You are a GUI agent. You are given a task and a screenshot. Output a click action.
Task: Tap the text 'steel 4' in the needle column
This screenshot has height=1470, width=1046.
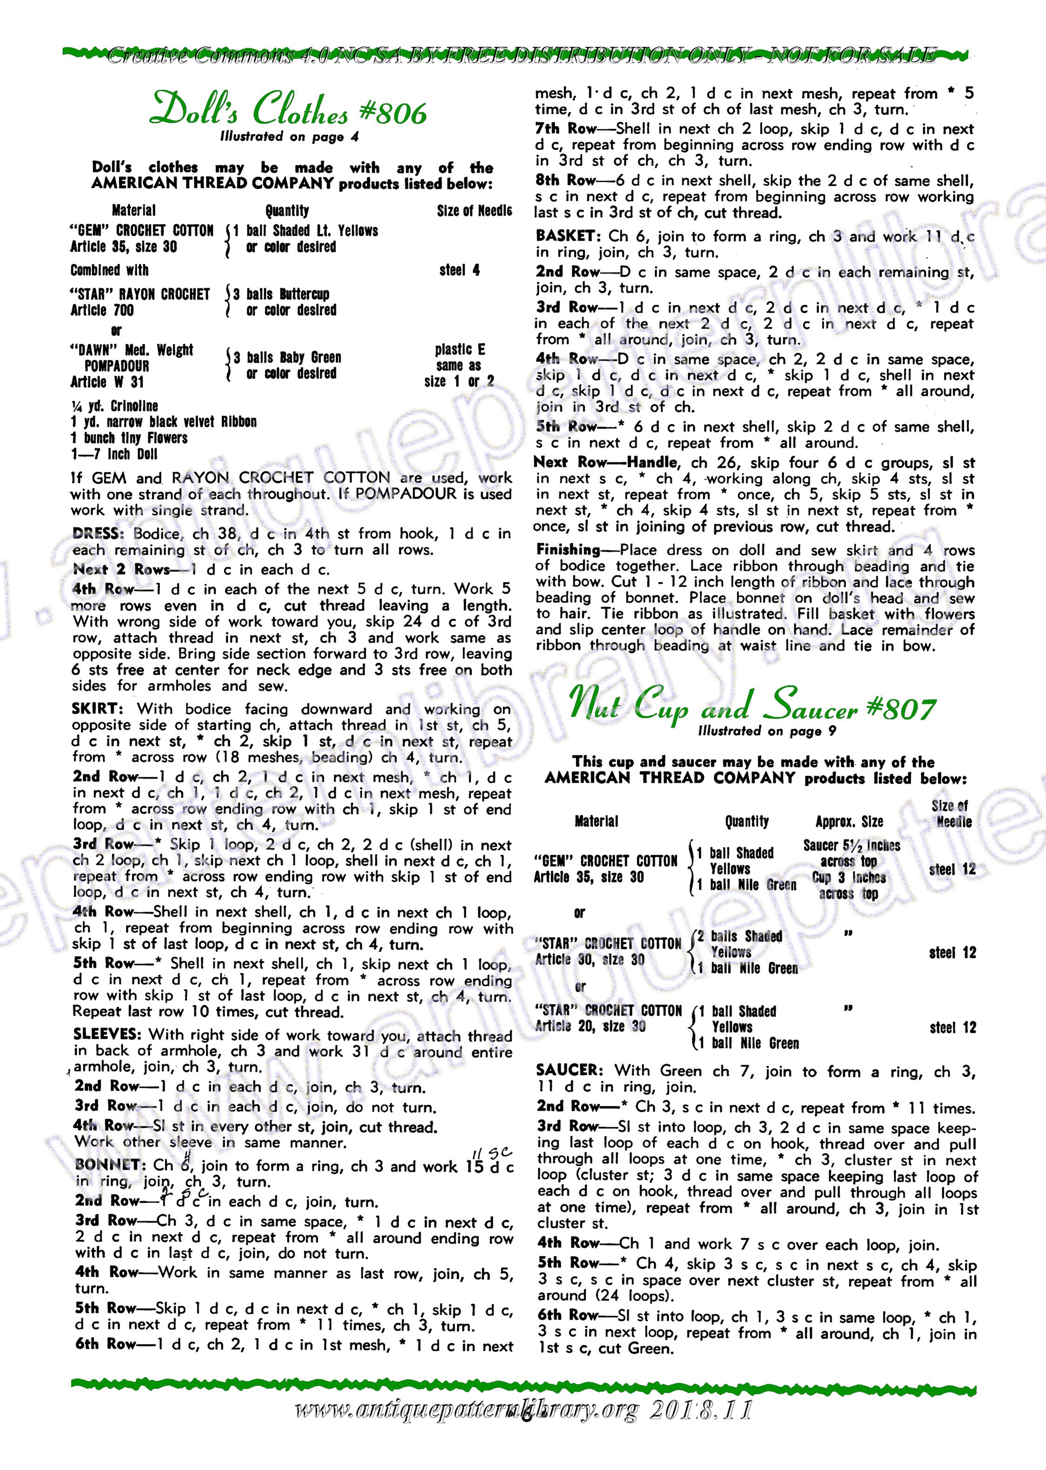coord(459,270)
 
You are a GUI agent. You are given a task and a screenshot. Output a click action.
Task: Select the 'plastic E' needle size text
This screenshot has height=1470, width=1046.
coord(459,350)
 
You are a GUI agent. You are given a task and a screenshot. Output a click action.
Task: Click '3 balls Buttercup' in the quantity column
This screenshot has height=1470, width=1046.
coord(282,294)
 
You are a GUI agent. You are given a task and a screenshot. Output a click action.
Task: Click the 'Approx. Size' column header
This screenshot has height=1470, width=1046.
coord(849,822)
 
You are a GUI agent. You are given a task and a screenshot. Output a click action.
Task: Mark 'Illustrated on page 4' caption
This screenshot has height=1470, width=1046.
coord(289,136)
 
